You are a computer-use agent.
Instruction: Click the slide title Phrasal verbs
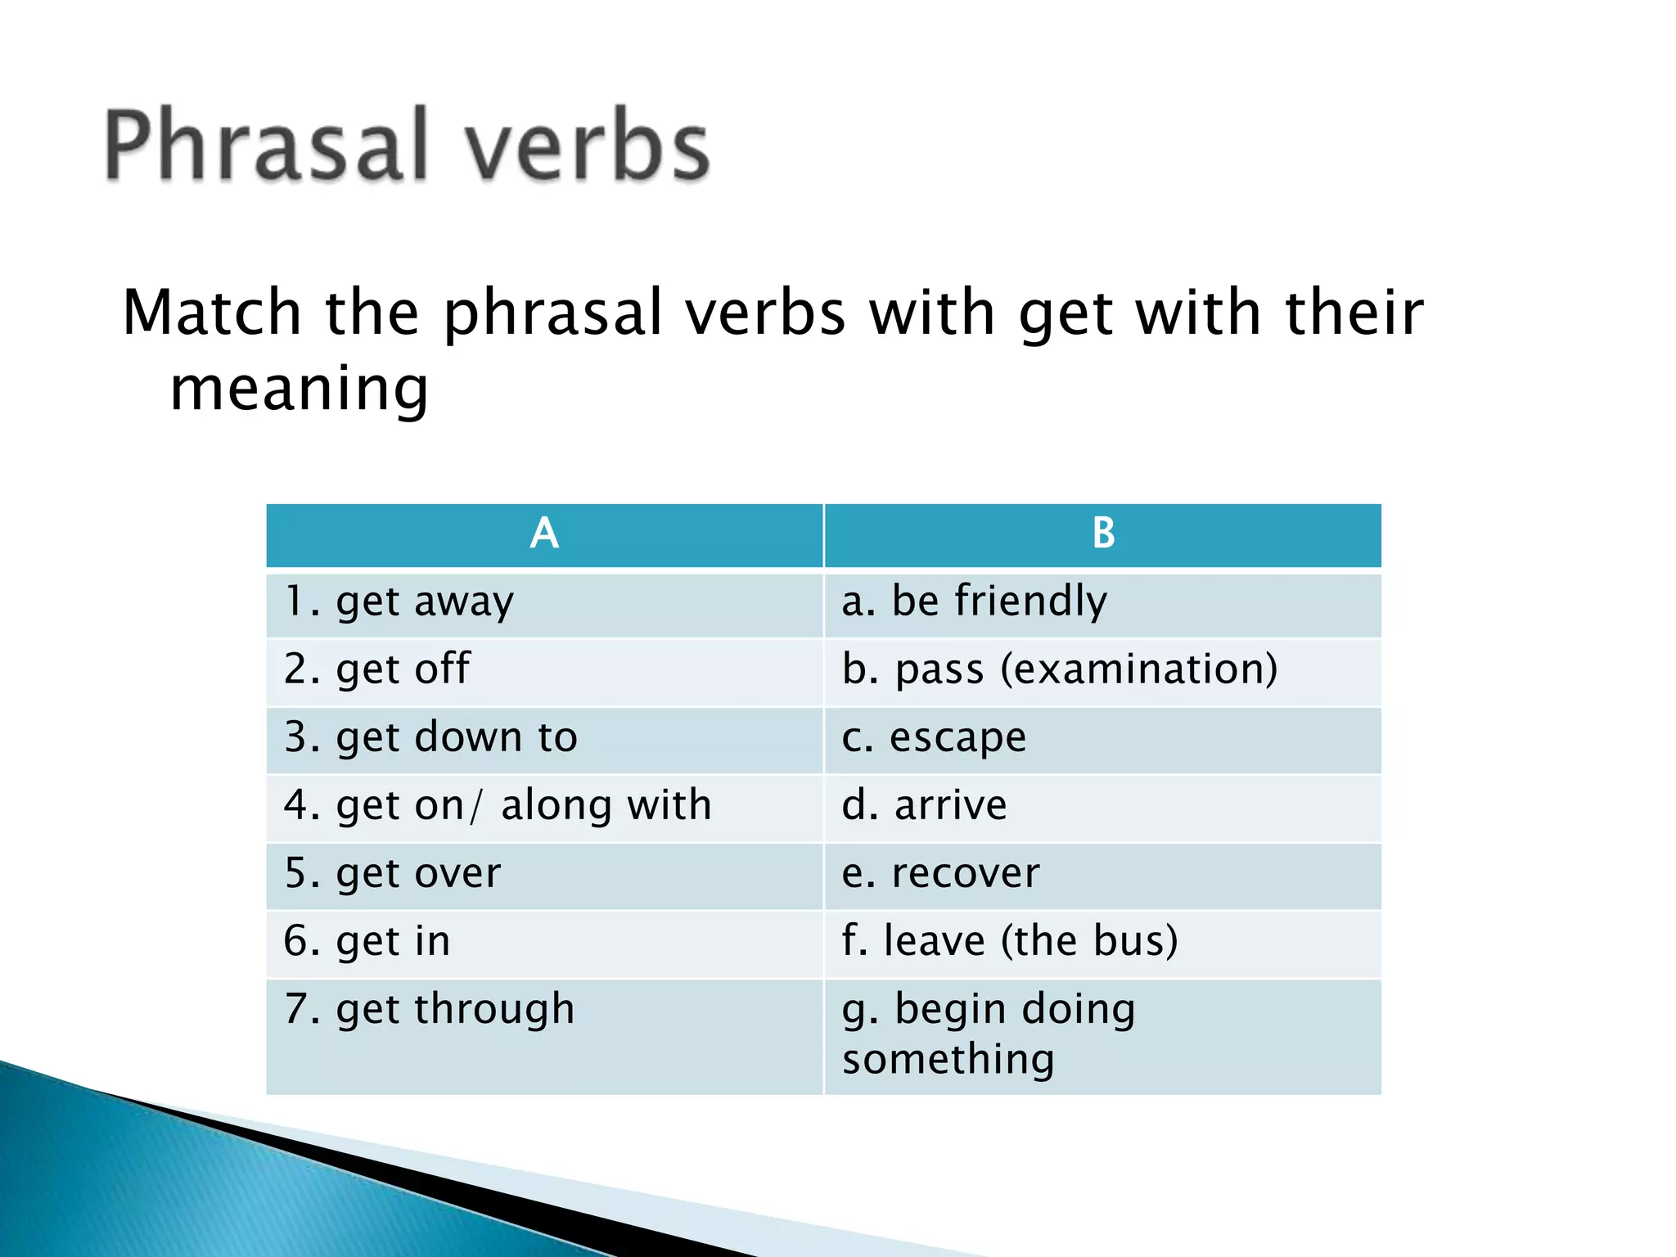point(407,145)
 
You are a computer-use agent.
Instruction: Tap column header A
point(544,534)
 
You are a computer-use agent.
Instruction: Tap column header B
point(1103,534)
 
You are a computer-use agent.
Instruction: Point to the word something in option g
point(948,1061)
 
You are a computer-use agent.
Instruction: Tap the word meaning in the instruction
point(300,390)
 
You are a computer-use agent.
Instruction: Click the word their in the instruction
point(1354,314)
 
